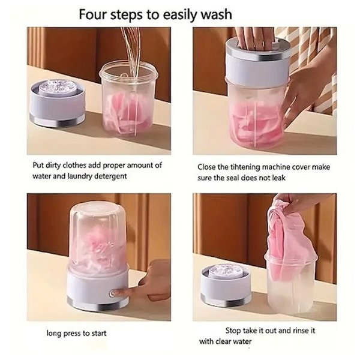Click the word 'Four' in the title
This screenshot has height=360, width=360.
click(x=92, y=14)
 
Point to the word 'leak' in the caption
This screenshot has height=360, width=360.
click(x=279, y=178)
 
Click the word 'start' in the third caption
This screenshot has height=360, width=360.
click(x=98, y=333)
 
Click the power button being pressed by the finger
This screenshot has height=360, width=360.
click(x=112, y=293)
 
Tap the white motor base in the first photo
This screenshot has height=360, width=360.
click(x=57, y=103)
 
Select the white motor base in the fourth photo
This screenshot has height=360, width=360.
click(x=226, y=284)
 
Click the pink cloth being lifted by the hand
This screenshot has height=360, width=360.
click(x=287, y=239)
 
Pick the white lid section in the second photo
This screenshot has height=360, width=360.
click(x=257, y=69)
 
